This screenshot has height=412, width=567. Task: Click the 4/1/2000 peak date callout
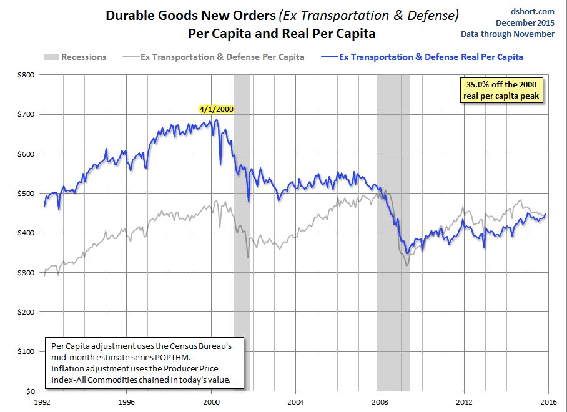216,109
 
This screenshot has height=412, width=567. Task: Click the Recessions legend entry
74,57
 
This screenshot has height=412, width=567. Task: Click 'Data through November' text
508,34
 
